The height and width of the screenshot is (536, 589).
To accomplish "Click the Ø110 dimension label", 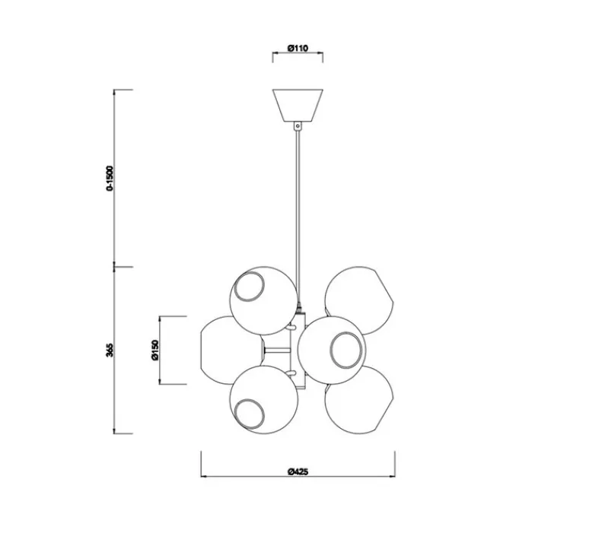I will [x=297, y=48].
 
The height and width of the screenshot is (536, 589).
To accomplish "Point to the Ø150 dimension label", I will [x=154, y=350].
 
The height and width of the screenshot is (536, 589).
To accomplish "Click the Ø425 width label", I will [x=297, y=471].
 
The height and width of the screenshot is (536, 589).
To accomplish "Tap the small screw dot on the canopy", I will [x=298, y=121].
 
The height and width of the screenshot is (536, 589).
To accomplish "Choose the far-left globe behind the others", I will [x=217, y=350].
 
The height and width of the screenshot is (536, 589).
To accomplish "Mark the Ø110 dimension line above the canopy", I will [x=297, y=56].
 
